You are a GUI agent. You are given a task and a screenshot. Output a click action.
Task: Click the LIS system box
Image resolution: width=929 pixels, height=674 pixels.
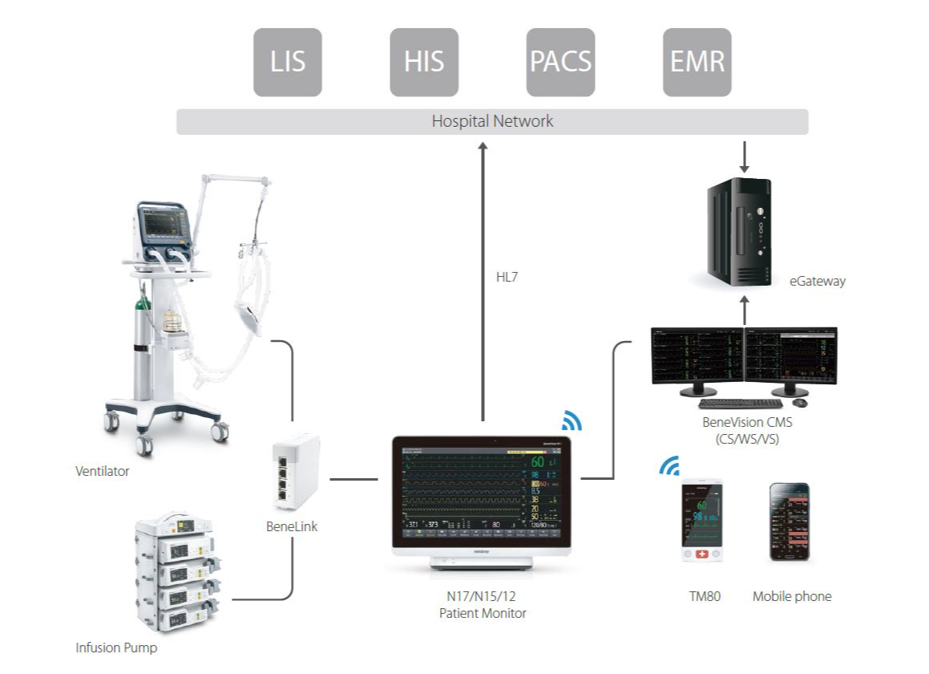[288, 62]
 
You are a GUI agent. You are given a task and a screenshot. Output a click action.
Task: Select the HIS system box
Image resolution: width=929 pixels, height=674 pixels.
[424, 62]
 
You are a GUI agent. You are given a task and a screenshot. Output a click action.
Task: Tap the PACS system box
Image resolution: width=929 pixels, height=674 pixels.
[560, 62]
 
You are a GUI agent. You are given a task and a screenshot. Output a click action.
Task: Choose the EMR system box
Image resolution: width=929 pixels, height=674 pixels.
[697, 62]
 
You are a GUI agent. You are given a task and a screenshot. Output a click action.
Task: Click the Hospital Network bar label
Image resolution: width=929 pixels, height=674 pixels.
[492, 122]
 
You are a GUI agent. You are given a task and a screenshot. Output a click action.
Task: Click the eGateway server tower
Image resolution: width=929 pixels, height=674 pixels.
[739, 229]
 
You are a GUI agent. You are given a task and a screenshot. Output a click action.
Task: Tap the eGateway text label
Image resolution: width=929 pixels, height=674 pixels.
[817, 281]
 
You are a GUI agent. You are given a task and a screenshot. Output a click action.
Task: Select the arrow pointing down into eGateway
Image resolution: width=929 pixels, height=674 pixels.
[745, 157]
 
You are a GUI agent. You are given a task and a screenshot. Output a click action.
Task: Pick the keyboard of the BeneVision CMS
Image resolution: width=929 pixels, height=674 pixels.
[741, 404]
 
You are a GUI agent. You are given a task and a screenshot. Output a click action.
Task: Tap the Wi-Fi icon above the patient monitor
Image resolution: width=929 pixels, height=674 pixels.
[572, 421]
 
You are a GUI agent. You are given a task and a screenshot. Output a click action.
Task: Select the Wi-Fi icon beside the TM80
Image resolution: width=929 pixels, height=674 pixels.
[669, 466]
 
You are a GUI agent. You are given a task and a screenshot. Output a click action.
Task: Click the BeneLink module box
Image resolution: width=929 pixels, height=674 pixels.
[295, 473]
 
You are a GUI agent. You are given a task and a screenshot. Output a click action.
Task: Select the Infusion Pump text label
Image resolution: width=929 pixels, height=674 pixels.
[116, 647]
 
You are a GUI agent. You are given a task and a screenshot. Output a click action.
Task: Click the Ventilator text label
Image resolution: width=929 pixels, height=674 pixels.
[103, 471]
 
